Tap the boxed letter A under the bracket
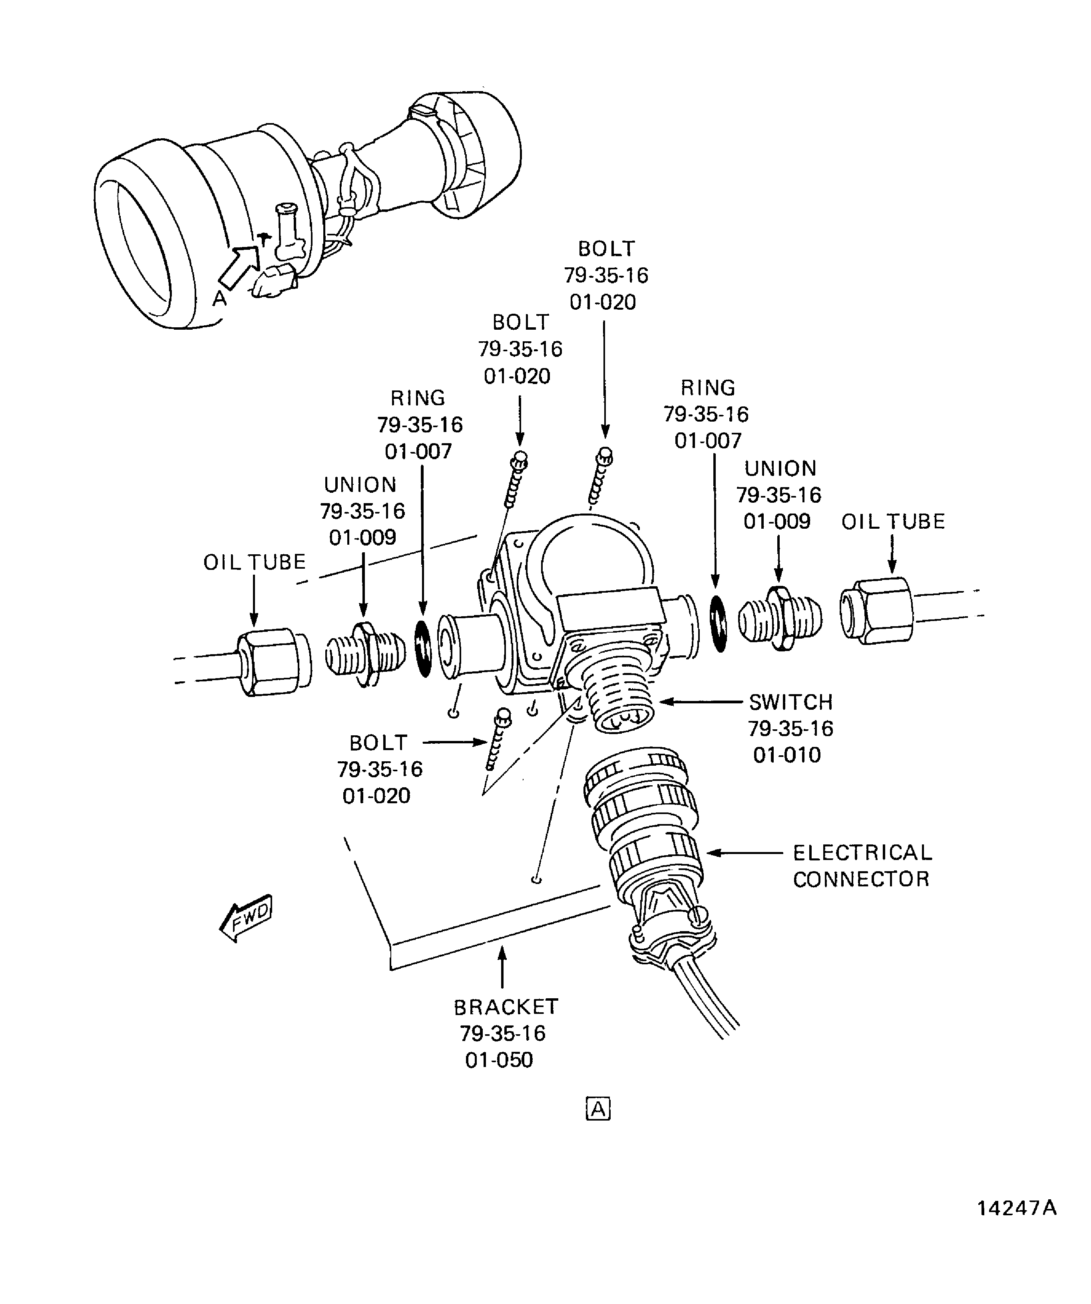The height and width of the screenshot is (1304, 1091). (597, 1109)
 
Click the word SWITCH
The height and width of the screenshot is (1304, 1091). (790, 702)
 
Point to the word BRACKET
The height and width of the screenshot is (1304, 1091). (506, 1007)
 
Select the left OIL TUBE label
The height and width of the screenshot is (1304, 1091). (255, 562)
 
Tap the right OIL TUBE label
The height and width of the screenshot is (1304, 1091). (893, 521)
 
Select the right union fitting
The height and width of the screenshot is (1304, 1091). (780, 618)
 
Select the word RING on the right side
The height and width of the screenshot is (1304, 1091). (708, 388)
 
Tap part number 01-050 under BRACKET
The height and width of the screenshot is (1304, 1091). (499, 1060)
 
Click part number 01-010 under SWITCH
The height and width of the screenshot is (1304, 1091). (787, 755)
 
